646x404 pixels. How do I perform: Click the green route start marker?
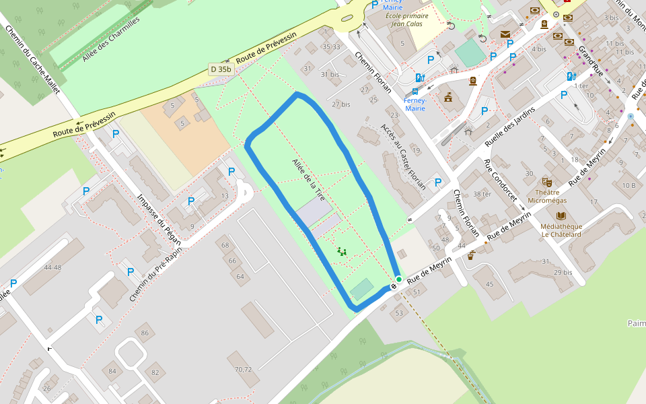[398, 279]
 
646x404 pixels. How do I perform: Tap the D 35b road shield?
[220, 69]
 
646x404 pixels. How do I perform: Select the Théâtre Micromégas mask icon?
[548, 182]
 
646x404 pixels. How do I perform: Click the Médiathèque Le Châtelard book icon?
[561, 216]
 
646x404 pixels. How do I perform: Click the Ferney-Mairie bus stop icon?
[415, 91]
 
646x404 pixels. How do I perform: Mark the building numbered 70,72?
[243, 369]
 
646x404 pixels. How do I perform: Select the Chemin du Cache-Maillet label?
[32, 60]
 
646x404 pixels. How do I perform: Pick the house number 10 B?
[629, 185]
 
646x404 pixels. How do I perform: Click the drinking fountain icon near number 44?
[471, 255]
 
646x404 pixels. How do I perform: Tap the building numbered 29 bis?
[563, 272]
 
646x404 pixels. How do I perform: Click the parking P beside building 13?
[231, 171]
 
